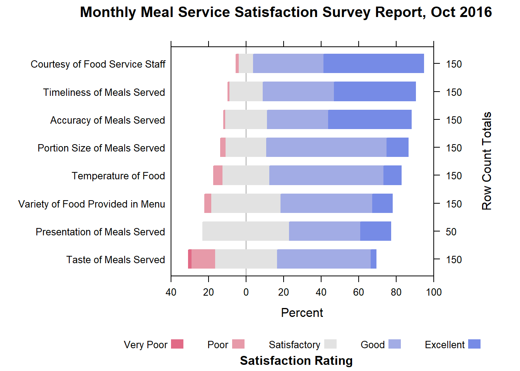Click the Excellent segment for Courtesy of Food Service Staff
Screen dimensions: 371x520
click(x=373, y=63)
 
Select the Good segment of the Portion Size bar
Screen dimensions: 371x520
click(x=326, y=147)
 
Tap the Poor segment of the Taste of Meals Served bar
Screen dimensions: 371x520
click(x=203, y=259)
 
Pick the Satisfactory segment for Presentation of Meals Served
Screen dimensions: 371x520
click(x=245, y=231)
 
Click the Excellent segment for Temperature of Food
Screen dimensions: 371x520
click(x=392, y=175)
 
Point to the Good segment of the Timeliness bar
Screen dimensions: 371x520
click(x=298, y=92)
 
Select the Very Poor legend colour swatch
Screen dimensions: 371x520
click(x=177, y=344)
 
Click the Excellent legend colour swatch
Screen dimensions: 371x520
click(x=474, y=344)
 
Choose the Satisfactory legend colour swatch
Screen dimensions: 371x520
click(x=330, y=344)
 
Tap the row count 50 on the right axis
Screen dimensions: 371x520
click(x=451, y=232)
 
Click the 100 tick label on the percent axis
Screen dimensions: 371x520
click(x=434, y=292)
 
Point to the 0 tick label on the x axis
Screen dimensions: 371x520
click(x=246, y=292)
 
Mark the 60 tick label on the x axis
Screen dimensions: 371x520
click(x=359, y=292)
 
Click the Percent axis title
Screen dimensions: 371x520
click(x=302, y=313)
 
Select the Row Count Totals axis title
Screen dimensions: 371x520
click(x=486, y=161)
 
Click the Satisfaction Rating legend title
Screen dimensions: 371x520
click(x=296, y=361)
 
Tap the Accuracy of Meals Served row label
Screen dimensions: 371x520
click(x=108, y=120)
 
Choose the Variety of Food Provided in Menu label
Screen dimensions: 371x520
click(x=92, y=204)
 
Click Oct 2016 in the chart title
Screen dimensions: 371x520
click(x=461, y=12)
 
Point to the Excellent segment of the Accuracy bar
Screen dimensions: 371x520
click(x=369, y=119)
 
